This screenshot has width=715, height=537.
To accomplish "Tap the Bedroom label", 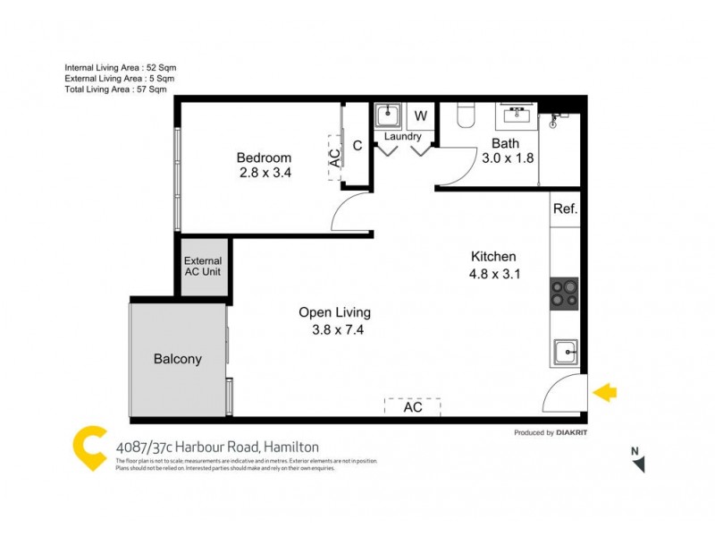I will [264, 158].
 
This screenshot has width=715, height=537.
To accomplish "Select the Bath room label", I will [506, 143].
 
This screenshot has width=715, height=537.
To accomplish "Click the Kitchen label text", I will [492, 257].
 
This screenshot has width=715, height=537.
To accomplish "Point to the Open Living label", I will [334, 313].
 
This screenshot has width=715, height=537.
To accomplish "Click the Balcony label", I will [178, 359].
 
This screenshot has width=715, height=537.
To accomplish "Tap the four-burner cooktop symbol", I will [564, 293].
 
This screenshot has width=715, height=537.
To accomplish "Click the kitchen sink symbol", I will [565, 352].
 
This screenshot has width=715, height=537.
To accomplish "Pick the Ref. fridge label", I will [565, 209].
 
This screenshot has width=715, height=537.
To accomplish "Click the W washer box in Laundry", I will [420, 116].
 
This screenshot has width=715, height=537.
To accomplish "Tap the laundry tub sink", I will [387, 116].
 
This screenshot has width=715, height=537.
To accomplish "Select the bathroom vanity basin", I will [517, 115].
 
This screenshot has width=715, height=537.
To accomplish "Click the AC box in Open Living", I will [412, 407].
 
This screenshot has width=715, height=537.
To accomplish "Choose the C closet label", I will [357, 146].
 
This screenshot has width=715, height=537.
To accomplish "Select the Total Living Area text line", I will [115, 89].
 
